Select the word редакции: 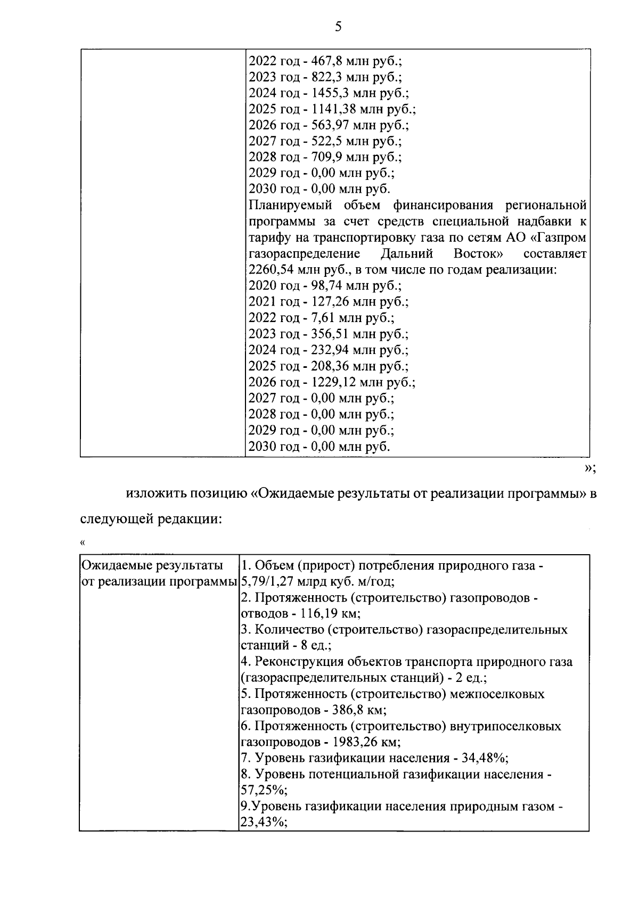tap(189, 518)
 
